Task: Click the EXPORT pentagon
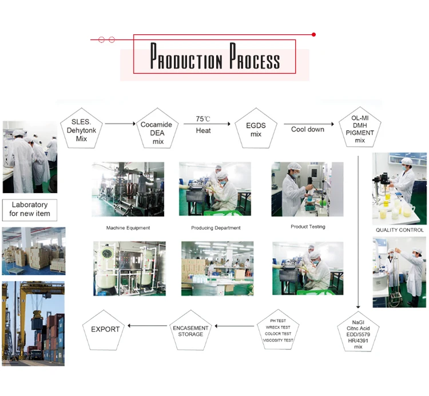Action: pos(105,330)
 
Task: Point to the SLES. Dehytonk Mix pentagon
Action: pos(81,129)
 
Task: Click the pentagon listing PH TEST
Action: pos(278,331)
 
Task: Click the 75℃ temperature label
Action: pos(203,119)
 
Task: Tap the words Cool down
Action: pos(307,129)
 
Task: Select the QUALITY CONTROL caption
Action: pos(399,230)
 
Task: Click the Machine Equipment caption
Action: pos(128,228)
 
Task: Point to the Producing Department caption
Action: pos(216,228)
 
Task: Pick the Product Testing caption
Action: pos(308,227)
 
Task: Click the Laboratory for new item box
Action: pos(30,209)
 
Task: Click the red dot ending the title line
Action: pos(314,35)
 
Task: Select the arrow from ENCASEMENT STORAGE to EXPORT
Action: pos(148,326)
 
